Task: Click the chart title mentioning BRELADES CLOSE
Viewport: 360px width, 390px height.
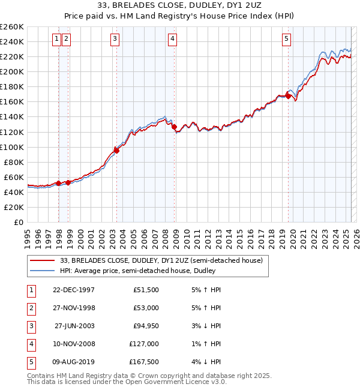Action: tap(180, 5)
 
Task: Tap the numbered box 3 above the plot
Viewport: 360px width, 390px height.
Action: tap(115, 40)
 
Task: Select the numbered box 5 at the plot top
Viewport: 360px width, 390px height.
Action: tap(286, 40)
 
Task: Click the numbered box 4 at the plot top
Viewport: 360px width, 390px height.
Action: tap(172, 40)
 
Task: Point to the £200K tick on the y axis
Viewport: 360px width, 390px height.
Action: tap(12, 71)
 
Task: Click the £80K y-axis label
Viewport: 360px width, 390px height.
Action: tap(14, 162)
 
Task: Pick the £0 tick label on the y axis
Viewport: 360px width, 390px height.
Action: tap(19, 223)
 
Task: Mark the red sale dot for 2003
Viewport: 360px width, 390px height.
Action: tap(117, 151)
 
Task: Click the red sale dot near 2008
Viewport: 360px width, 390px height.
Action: tap(174, 127)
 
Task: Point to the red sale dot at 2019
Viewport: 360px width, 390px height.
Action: tap(288, 95)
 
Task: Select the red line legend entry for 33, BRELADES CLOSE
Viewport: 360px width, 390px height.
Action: tap(161, 260)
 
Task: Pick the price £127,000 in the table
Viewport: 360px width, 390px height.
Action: tap(145, 344)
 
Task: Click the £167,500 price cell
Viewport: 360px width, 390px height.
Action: tap(145, 362)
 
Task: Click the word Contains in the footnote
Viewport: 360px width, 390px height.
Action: tap(41, 376)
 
